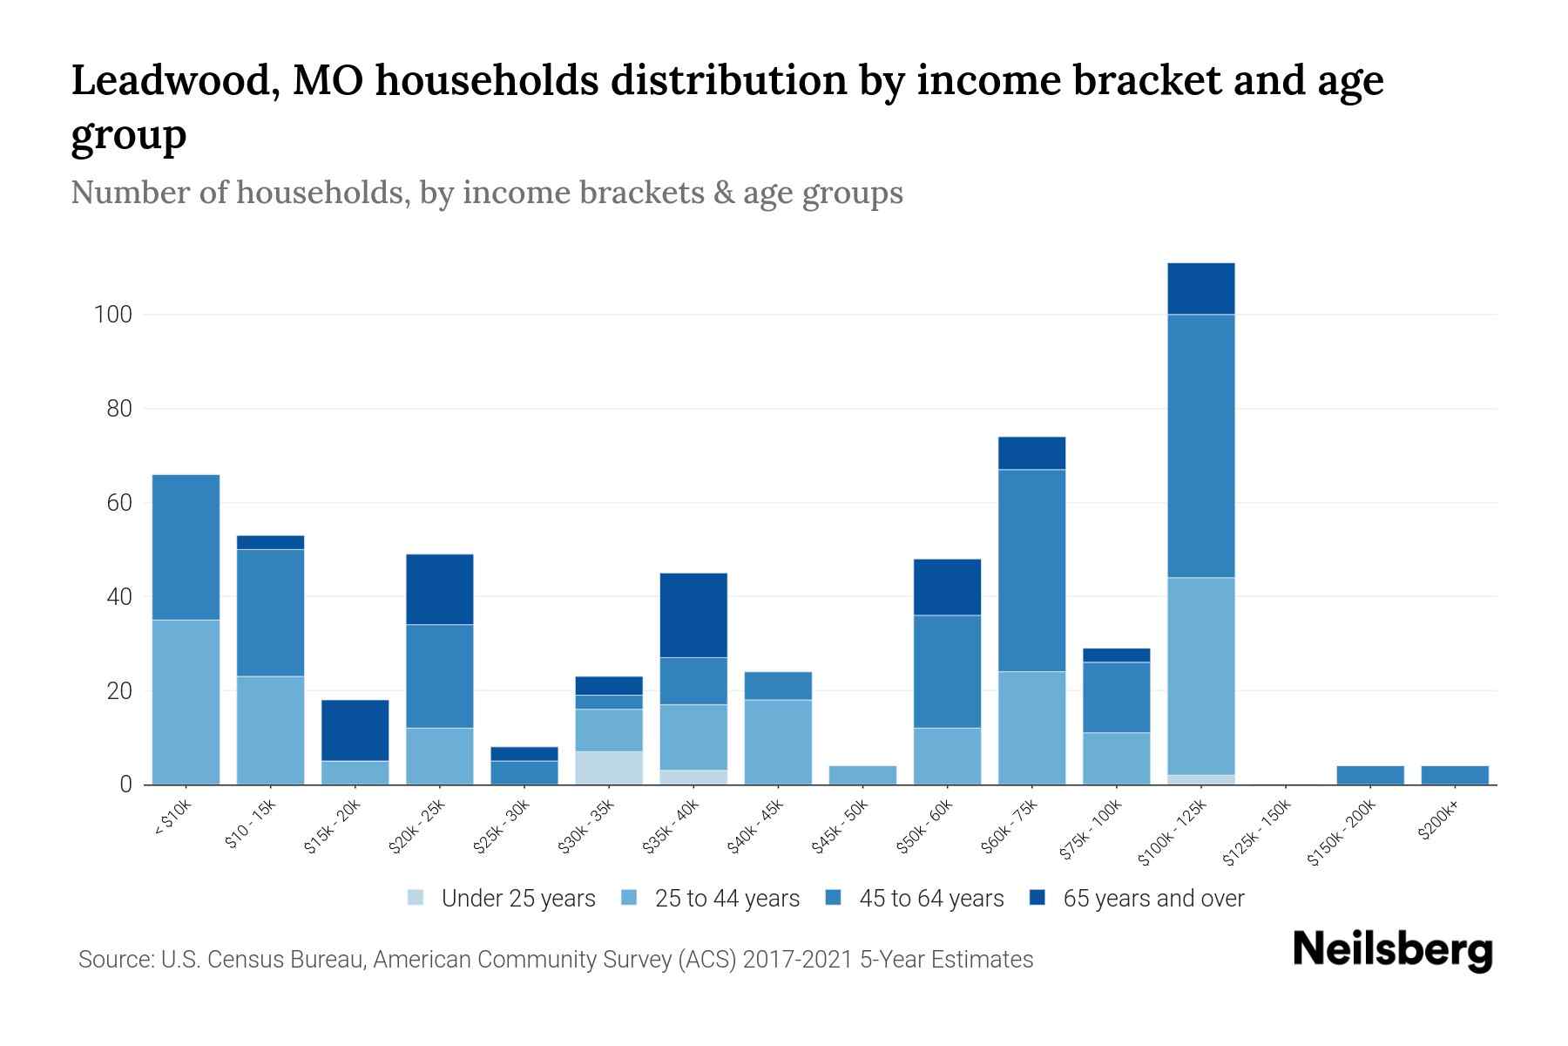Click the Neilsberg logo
1392,950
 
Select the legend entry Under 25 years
517,899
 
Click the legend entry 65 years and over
1152,899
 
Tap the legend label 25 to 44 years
727,899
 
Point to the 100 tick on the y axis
112,315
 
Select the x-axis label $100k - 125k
1173,833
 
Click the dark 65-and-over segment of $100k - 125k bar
1200,289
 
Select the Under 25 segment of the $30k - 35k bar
609,768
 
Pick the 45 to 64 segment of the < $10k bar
186,547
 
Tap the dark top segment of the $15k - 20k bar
355,730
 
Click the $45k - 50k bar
862,775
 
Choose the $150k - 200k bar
1370,775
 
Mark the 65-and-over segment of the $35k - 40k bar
693,615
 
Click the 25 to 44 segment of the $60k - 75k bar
1031,728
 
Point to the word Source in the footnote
112,960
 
